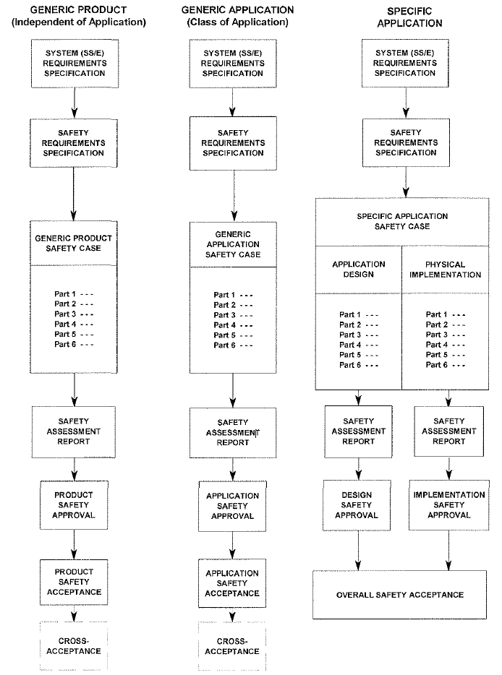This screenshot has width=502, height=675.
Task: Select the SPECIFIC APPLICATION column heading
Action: (x=409, y=17)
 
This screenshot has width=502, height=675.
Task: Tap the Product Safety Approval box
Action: (x=74, y=505)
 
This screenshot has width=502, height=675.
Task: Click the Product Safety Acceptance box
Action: (x=74, y=582)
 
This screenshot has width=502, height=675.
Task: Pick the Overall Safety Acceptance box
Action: (x=399, y=595)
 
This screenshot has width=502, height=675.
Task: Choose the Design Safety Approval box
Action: (x=357, y=505)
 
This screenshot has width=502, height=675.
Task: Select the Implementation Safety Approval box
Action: (x=449, y=505)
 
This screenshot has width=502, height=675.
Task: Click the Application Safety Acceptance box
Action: (x=231, y=583)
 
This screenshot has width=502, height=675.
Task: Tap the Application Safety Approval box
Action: (x=232, y=506)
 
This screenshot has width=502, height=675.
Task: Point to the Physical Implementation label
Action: (x=445, y=270)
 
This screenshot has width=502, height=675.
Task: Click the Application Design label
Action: (x=359, y=269)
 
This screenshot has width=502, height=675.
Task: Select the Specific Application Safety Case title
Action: (x=402, y=221)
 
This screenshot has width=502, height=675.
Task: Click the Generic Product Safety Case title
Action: (x=73, y=244)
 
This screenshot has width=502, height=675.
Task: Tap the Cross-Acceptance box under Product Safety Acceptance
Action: (x=74, y=645)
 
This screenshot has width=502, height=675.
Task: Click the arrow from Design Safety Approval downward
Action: (x=358, y=551)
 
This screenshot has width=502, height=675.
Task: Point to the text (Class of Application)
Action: (x=237, y=22)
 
